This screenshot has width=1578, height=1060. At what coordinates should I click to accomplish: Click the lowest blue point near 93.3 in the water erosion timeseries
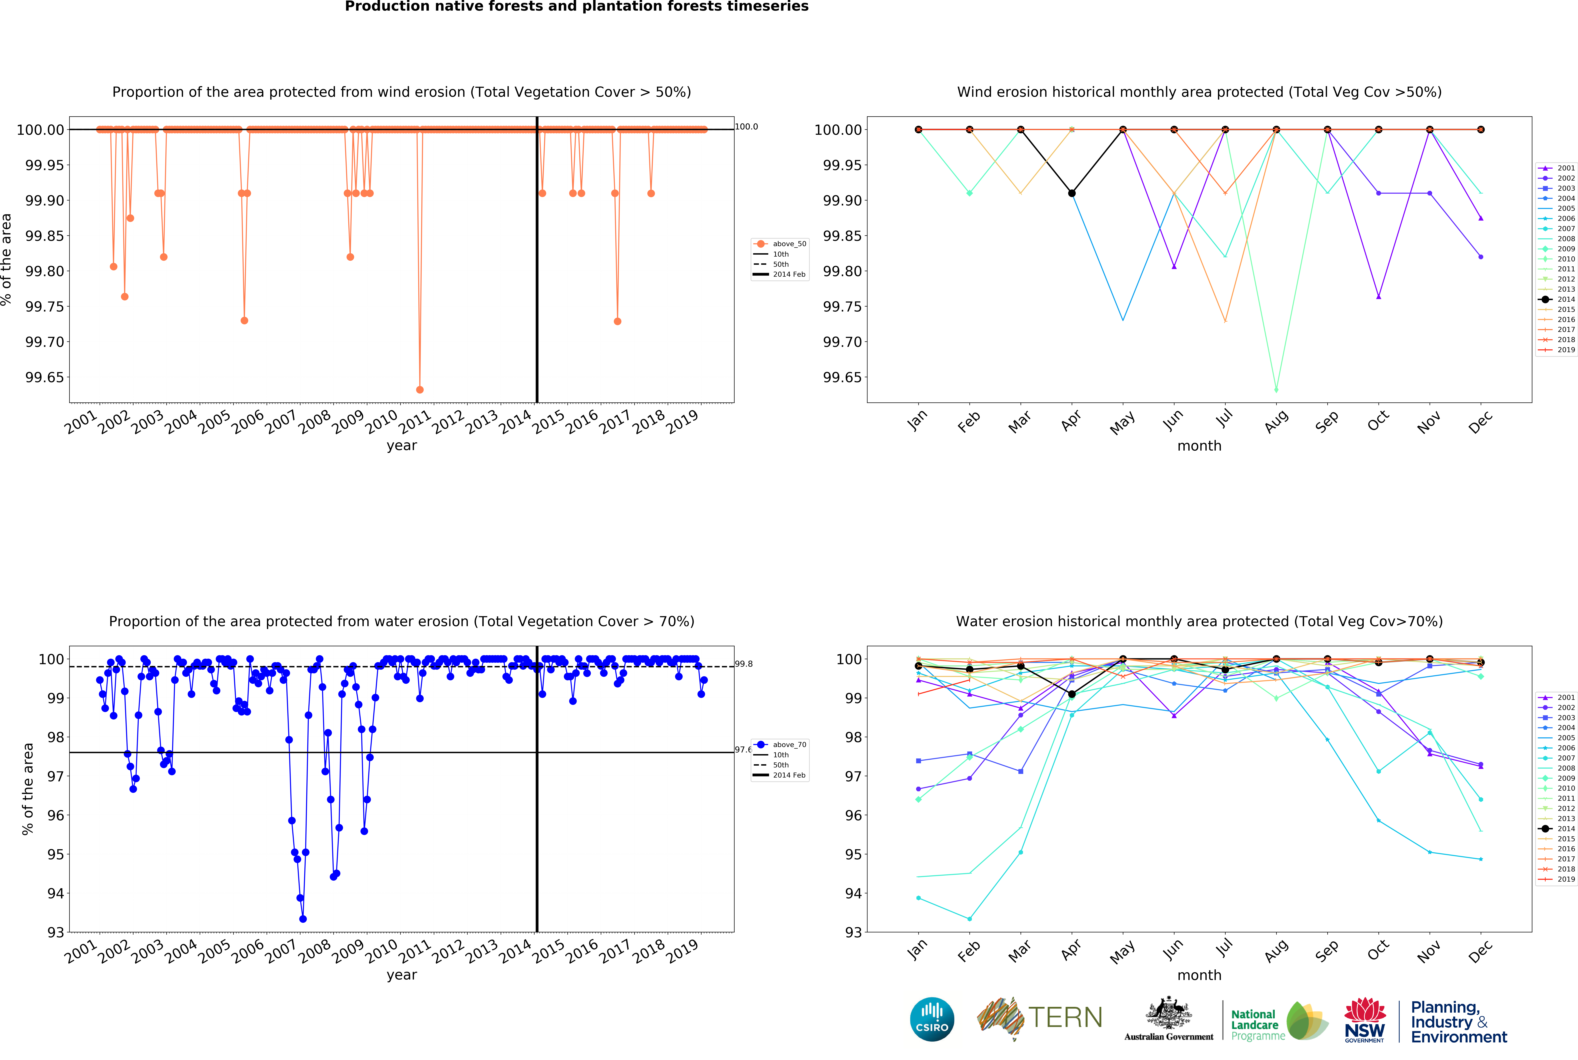[303, 919]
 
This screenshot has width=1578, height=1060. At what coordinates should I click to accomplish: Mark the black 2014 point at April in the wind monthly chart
[1072, 193]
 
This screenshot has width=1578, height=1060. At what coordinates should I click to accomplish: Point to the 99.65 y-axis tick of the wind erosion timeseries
[45, 377]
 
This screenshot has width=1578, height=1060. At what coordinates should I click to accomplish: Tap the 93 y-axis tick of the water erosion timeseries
[55, 932]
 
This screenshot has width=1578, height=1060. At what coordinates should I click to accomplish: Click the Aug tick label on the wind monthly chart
[1276, 422]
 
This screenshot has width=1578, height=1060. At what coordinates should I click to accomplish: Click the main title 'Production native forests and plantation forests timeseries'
[577, 7]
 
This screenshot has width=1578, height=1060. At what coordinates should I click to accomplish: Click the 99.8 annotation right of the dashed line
[744, 664]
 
